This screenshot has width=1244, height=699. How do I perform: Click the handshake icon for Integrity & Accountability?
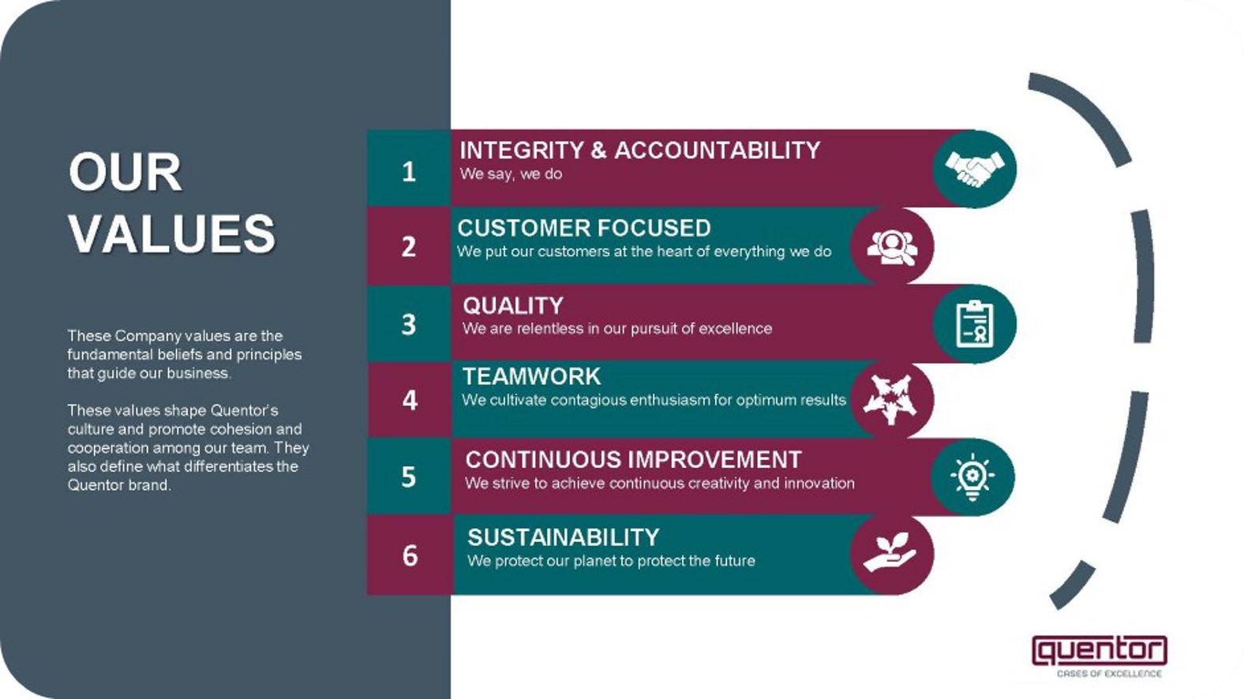coord(975,169)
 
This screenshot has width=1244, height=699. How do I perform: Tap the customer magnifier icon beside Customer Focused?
coord(893,247)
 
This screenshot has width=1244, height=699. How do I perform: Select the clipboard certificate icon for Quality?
coord(975,323)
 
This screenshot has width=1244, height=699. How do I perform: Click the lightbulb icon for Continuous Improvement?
coord(972,477)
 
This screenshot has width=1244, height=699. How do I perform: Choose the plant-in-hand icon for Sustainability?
coord(890,552)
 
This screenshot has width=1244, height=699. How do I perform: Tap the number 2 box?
coord(409,246)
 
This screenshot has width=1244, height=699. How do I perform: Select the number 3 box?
coord(409,323)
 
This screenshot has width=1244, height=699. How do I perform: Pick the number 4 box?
coord(410,400)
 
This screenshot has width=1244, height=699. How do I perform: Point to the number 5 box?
coord(409,477)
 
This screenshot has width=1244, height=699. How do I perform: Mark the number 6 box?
coord(410,555)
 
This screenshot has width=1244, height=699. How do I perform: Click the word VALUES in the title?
coord(172,234)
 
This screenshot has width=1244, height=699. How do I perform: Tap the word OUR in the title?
coord(126,172)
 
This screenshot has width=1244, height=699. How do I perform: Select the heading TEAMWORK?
coord(531,376)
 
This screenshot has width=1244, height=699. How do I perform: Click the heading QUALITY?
coord(512,306)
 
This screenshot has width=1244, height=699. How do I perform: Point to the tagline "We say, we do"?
coord(511,174)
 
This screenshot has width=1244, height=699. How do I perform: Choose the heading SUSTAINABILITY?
coord(563,537)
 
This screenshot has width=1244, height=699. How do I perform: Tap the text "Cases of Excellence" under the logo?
coord(1109,674)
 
